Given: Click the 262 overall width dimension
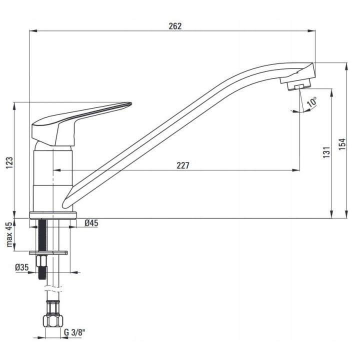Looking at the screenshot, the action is click(175, 26).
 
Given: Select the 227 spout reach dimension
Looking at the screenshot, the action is click(183, 165).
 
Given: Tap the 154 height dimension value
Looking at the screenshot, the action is click(342, 144).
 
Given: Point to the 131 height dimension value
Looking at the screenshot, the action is click(326, 152).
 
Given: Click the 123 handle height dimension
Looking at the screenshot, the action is click(9, 163).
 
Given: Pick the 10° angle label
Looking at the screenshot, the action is click(311, 102).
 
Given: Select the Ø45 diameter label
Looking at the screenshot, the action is click(91, 223).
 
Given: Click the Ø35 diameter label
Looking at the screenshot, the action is click(22, 267).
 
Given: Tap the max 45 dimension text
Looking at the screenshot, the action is click(9, 234).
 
